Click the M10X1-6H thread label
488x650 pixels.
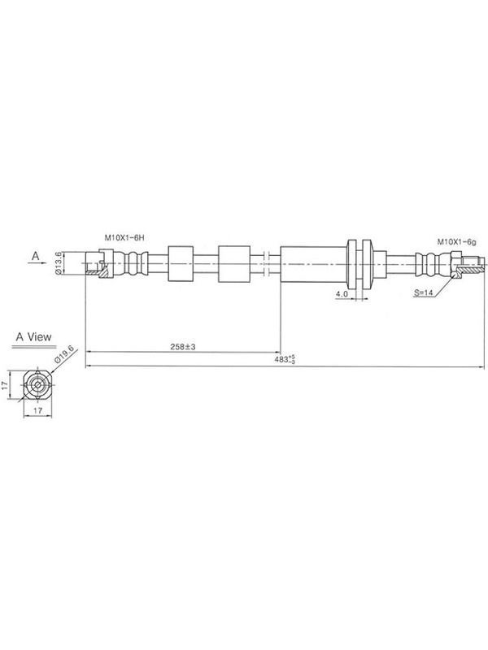[124, 238]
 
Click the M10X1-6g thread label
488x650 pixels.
[456, 241]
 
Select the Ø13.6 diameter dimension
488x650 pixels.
[59, 262]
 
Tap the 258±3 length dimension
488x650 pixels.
[182, 347]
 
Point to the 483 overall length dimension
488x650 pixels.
[285, 359]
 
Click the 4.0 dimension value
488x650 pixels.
[342, 294]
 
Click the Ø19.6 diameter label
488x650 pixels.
[66, 354]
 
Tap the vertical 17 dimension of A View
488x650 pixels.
[5, 385]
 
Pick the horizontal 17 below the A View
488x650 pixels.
[37, 410]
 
